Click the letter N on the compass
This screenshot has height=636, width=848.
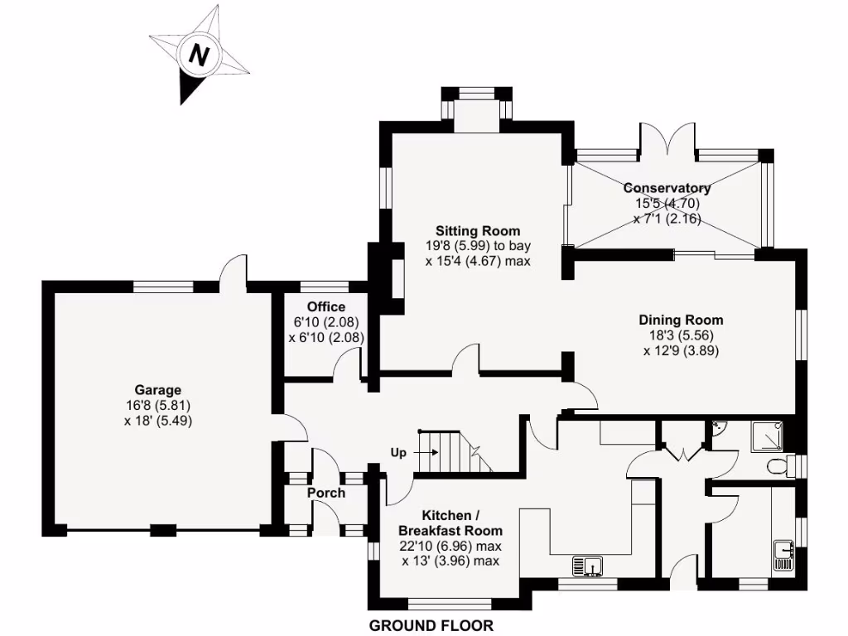(x=199, y=55)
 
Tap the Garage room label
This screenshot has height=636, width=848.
(x=158, y=390)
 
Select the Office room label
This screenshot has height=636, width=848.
(x=326, y=307)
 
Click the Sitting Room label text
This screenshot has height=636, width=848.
(x=479, y=230)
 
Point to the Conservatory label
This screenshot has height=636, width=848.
(x=667, y=188)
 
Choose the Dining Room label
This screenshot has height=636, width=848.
(x=681, y=320)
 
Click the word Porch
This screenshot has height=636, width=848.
(x=325, y=493)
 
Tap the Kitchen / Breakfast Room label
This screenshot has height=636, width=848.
(x=450, y=522)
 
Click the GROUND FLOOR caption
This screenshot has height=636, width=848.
(x=431, y=625)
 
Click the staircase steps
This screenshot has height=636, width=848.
(x=451, y=452)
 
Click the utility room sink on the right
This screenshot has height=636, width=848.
(x=784, y=554)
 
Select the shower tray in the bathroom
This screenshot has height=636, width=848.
(x=767, y=436)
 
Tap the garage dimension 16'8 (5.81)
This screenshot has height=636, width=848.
(x=158, y=405)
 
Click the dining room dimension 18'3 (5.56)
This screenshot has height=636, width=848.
(x=681, y=335)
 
